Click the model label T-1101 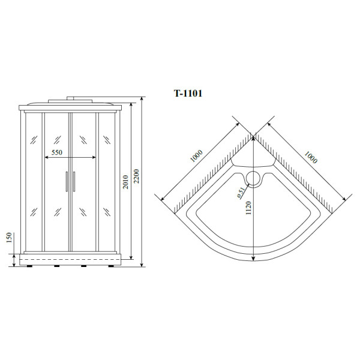[188, 94]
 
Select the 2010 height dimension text [126, 182]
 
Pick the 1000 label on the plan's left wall [196, 157]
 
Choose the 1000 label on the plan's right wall [310, 157]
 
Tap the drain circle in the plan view [253, 178]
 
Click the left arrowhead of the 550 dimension [47, 158]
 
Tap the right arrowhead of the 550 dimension [94, 158]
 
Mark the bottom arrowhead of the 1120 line [253, 259]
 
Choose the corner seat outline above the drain [253, 161]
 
